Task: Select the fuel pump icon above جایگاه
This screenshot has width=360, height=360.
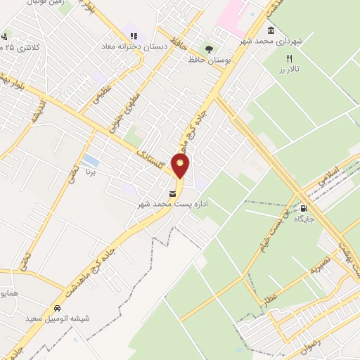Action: pyautogui.click(x=303, y=208)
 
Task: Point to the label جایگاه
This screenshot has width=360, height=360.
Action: pyautogui.click(x=303, y=219)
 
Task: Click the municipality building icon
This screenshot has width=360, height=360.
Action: pyautogui.click(x=271, y=31)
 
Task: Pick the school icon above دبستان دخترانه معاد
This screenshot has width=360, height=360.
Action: pyautogui.click(x=131, y=36)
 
